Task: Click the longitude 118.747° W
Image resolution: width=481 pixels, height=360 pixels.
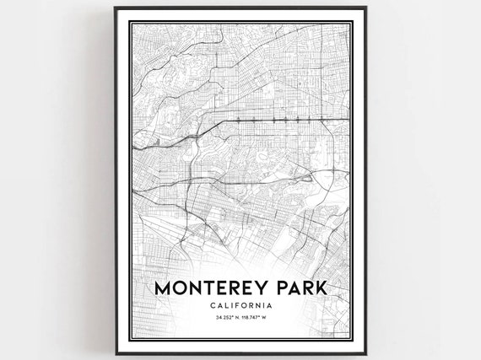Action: point(256,318)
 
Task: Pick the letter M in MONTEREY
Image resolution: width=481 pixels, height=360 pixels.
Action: point(163,288)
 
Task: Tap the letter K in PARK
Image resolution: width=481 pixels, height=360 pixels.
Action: point(320,288)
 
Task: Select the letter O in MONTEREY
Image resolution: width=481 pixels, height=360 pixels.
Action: point(181,288)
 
